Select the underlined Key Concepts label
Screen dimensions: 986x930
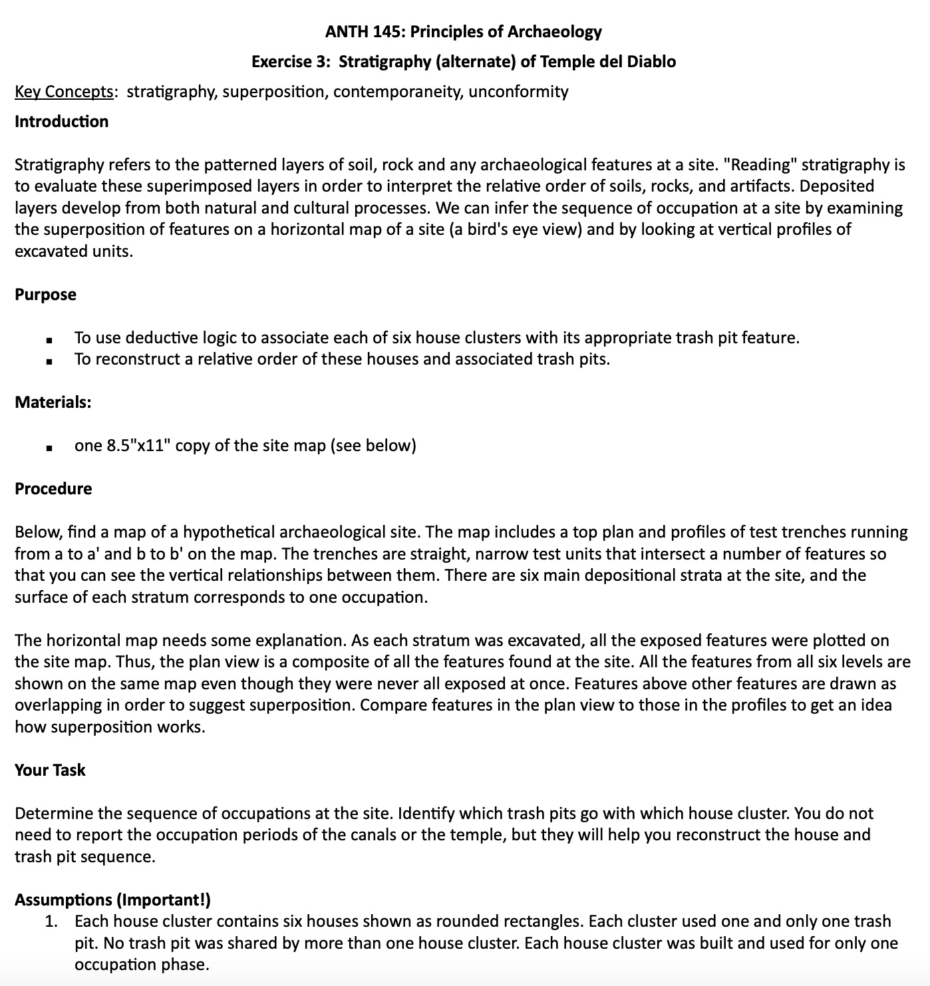(64, 92)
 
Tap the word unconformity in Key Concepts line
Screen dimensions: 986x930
(518, 92)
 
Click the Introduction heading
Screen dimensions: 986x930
(61, 122)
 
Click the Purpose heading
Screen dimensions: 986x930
(45, 295)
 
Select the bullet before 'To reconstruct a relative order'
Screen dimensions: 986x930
(49, 362)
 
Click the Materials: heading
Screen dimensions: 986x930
(53, 403)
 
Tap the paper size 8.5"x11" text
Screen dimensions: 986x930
(138, 446)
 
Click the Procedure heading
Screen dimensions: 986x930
(53, 489)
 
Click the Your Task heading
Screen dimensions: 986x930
(50, 770)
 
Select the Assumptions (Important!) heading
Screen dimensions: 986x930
(112, 900)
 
